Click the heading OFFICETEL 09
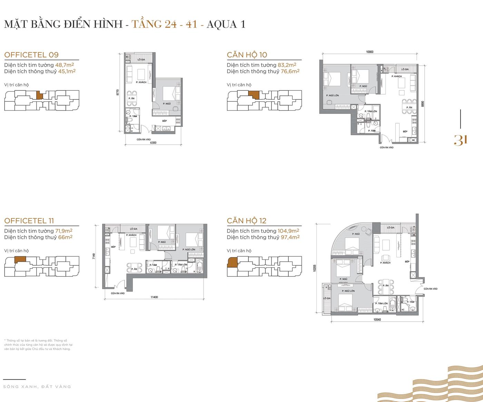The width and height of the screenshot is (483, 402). tap(31, 55)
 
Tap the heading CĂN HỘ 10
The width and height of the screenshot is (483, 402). tap(247, 55)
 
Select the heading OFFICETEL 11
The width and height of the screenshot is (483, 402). tap(29, 220)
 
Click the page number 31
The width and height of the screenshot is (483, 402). tap(461, 140)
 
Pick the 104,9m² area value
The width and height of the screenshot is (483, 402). tap(288, 231)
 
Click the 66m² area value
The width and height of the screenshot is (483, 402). tap(65, 237)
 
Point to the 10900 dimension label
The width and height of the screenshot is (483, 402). tap(369, 52)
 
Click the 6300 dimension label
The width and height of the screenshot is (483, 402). tap(153, 143)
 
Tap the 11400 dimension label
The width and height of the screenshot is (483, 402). tap(154, 297)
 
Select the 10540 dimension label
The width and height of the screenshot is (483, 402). tap(377, 320)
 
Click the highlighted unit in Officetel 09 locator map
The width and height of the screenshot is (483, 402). tap(40, 95)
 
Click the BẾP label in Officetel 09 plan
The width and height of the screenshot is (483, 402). tap(165, 121)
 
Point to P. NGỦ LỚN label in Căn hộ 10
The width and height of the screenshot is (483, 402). tap(332, 95)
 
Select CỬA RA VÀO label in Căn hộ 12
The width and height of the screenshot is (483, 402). tap(431, 289)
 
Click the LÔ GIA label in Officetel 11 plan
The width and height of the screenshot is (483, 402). tap(134, 229)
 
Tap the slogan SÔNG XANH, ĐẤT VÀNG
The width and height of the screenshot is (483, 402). tap(37, 386)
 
